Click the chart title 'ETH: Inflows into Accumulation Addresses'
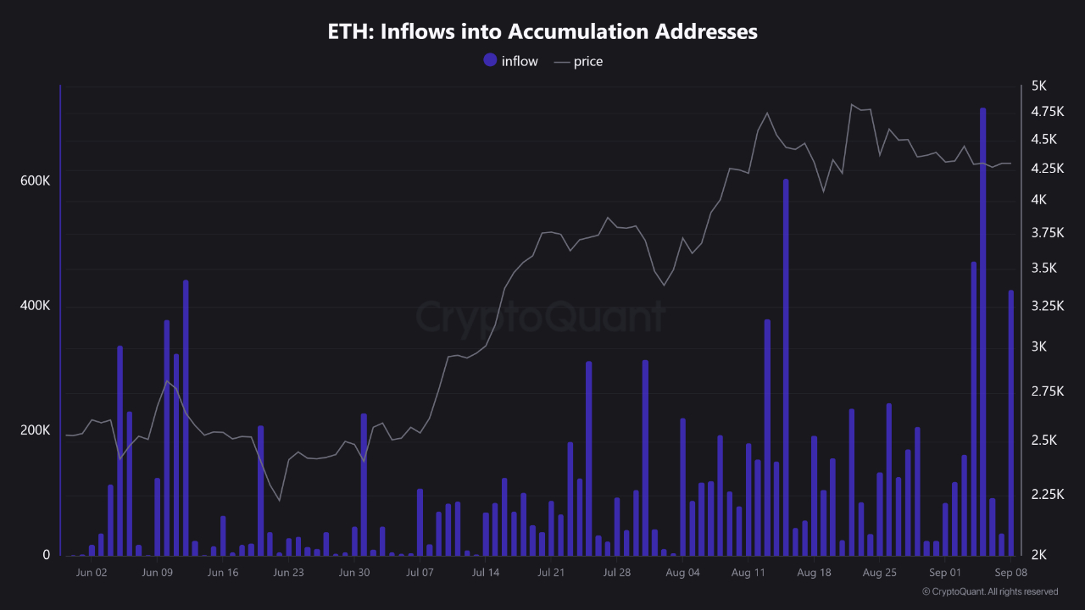[542, 32]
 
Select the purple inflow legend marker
[490, 60]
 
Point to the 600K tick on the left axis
[35, 181]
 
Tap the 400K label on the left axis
[35, 306]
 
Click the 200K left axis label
[35, 430]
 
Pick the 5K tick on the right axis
[1039, 86]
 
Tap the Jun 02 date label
[91, 573]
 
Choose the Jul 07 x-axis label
[420, 573]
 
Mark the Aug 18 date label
[814, 573]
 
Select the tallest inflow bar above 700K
[982, 330]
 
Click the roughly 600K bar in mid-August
[786, 364]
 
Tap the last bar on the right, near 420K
[1010, 424]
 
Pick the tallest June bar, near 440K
[186, 415]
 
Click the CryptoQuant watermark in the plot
[541, 318]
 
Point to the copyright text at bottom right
[990, 591]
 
